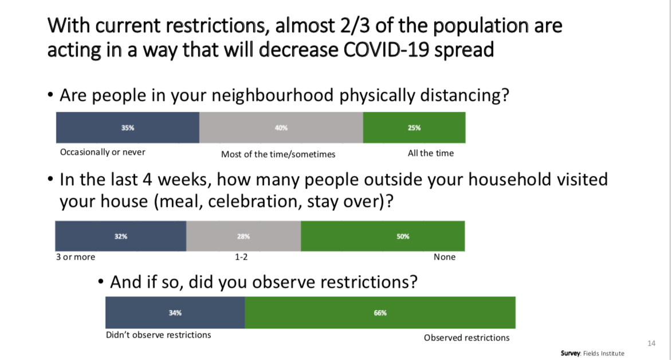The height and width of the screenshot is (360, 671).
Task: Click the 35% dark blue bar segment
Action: [x=128, y=128]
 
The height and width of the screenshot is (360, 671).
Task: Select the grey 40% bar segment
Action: [x=281, y=128]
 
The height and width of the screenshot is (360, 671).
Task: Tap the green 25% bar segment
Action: [x=414, y=128]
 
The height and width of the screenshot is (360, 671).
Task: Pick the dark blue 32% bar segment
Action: [x=121, y=236]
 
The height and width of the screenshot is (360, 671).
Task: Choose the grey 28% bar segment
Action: [x=244, y=236]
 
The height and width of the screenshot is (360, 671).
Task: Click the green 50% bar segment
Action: [x=383, y=236]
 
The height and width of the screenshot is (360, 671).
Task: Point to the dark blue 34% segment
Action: [x=175, y=312]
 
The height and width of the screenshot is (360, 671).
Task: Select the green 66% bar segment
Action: [x=380, y=312]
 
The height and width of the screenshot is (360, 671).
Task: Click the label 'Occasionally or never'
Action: [x=103, y=152]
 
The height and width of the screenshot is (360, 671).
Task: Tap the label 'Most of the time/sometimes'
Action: [x=278, y=155]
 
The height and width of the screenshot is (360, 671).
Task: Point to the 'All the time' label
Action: [x=430, y=153]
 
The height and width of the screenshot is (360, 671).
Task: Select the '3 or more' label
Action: [x=75, y=257]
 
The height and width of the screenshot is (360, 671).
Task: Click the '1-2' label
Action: [x=241, y=257]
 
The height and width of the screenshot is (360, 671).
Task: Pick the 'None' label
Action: [x=445, y=257]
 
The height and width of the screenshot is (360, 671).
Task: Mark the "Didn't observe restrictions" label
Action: [x=158, y=335]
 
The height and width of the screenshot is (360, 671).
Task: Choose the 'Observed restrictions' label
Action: [x=466, y=338]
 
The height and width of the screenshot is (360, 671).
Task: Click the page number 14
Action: [x=652, y=343]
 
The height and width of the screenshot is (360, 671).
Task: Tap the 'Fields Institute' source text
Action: [x=603, y=354]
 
